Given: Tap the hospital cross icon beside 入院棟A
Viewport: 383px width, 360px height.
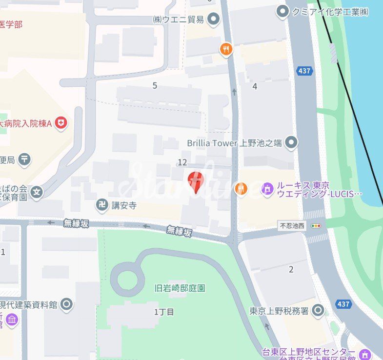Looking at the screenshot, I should click(x=60, y=123).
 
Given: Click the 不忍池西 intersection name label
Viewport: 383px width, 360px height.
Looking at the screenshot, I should click(x=292, y=226).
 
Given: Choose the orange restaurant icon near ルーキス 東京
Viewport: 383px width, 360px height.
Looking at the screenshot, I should click(x=241, y=188).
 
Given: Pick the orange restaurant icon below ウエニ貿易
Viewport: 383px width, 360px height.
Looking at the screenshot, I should click(x=225, y=49).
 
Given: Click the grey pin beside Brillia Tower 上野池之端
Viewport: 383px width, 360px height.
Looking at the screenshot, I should click(x=291, y=143).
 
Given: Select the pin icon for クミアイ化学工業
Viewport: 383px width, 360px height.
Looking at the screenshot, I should click(x=282, y=11).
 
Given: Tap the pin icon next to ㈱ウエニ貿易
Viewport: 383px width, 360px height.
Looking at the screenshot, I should click(x=213, y=20).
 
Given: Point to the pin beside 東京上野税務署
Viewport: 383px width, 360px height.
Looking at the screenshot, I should click(x=318, y=310).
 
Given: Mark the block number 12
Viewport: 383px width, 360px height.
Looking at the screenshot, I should click(x=183, y=162).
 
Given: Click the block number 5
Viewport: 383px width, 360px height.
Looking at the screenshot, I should click(x=155, y=86).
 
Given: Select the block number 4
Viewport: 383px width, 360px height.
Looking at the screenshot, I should click(x=255, y=86).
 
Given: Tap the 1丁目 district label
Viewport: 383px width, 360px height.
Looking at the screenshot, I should click(x=164, y=312).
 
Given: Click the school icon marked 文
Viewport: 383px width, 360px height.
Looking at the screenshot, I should click(x=37, y=193).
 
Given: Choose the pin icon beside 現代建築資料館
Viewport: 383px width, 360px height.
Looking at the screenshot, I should click(x=66, y=305).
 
